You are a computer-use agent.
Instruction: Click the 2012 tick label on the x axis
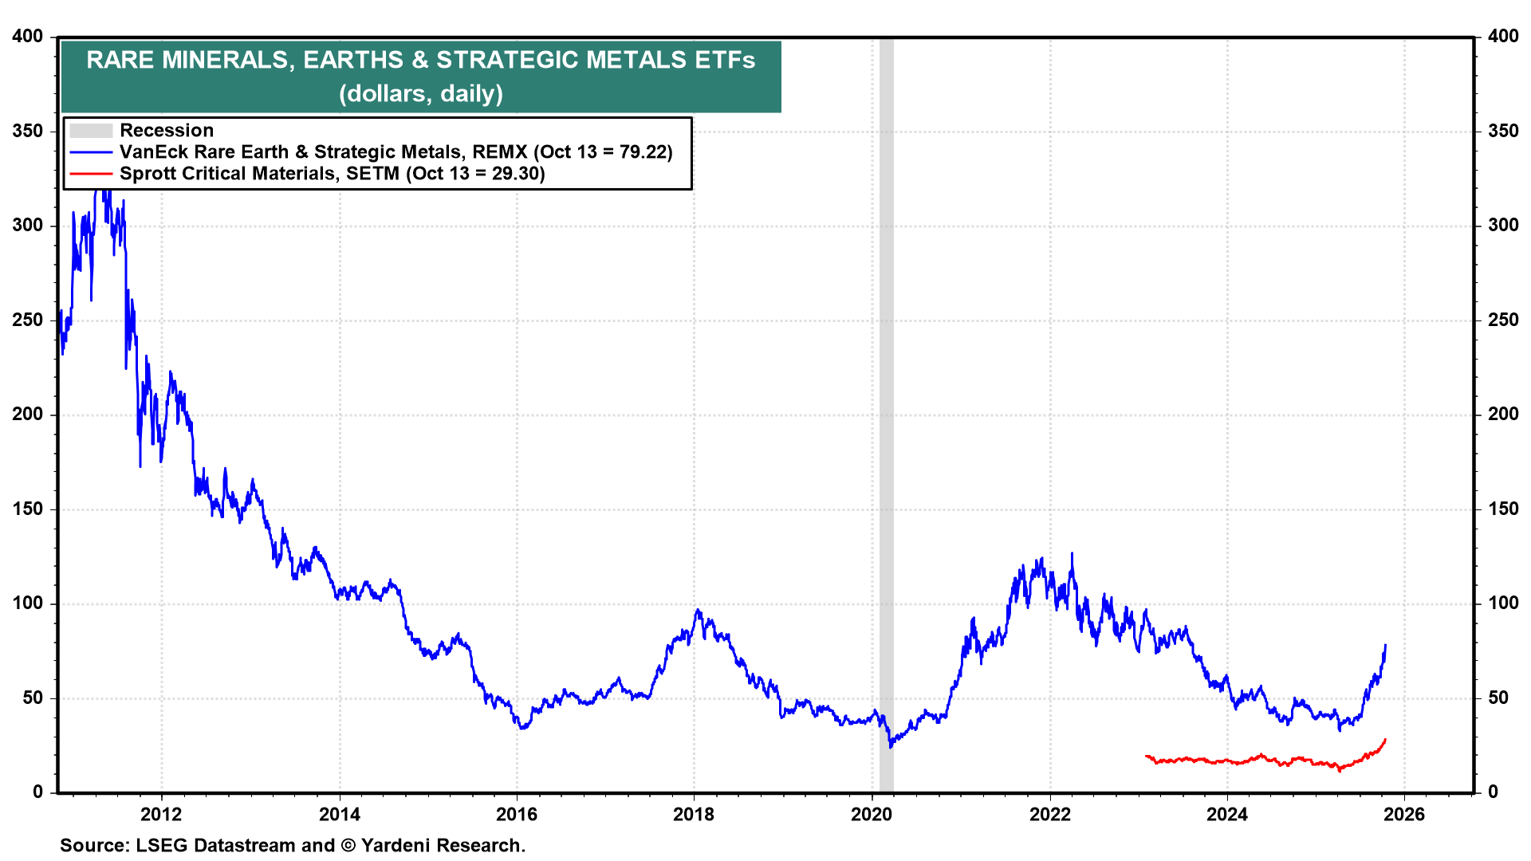(x=161, y=814)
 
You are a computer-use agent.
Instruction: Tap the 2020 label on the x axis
(x=872, y=814)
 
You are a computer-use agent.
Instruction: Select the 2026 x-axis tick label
(x=1404, y=814)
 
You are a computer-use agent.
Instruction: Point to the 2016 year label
(x=517, y=814)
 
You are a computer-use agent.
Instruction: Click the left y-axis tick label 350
(x=28, y=131)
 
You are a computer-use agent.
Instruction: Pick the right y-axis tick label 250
(x=1503, y=320)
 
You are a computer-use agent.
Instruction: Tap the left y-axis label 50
(x=33, y=698)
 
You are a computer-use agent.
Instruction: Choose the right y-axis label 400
(x=1503, y=36)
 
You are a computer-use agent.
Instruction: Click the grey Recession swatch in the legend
(x=90, y=131)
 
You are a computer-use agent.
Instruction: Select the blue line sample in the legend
(x=90, y=152)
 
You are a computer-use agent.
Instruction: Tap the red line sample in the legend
(x=90, y=174)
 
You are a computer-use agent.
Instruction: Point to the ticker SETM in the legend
(x=372, y=174)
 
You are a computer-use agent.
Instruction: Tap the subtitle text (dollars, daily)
(x=421, y=94)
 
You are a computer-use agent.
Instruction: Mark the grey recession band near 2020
(x=886, y=399)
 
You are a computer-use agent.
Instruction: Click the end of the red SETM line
(x=1385, y=740)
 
